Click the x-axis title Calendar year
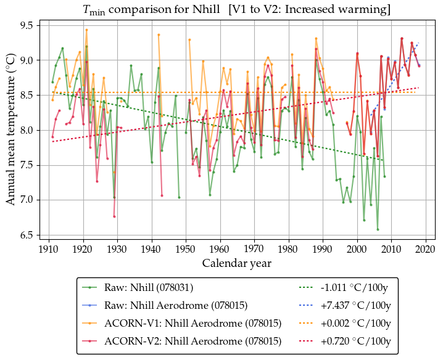237,263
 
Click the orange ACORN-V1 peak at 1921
86,30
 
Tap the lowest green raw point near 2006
378,229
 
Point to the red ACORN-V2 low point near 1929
114,216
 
